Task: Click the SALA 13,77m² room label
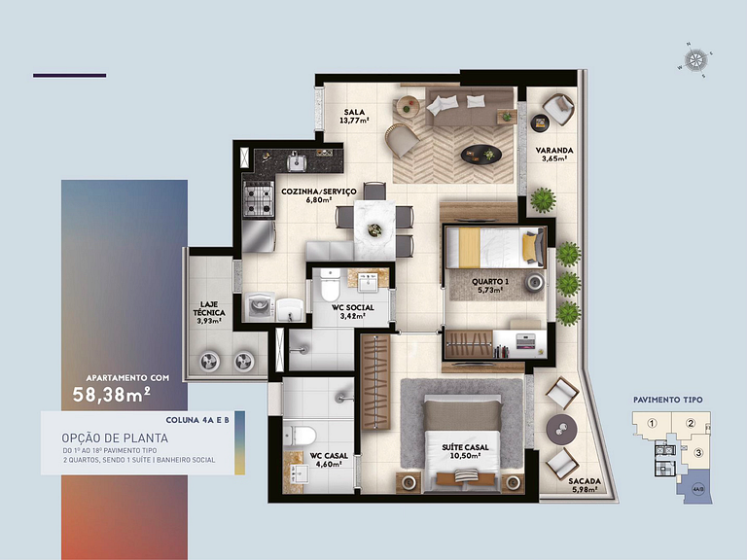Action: tap(354, 117)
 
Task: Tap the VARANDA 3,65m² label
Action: tap(554, 156)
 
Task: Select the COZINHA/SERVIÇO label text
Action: tap(318, 196)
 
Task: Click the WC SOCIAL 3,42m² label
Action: tap(351, 311)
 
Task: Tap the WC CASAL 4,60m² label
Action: tap(329, 461)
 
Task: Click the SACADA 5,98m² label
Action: tap(586, 485)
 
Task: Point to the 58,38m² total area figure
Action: tap(111, 394)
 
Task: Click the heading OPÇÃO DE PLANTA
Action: tap(103, 437)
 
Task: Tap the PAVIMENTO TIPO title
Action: tap(667, 400)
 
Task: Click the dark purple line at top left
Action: tap(69, 75)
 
